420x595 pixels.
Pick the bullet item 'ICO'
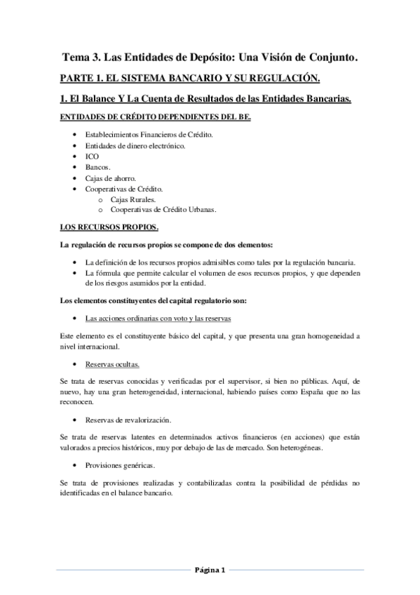pos(92,156)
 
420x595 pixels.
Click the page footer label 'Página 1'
pos(209,569)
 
